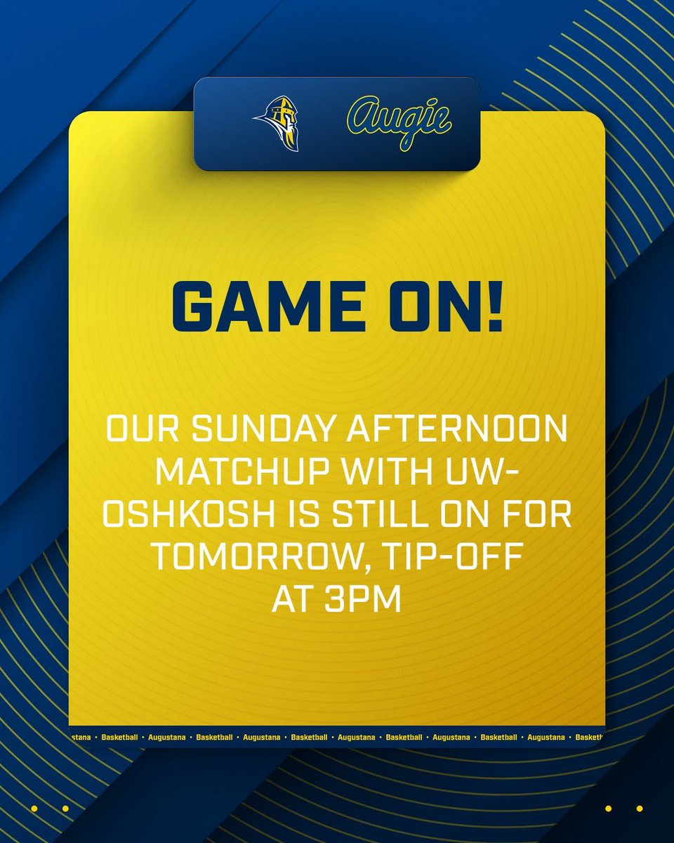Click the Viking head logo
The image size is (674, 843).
276,124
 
